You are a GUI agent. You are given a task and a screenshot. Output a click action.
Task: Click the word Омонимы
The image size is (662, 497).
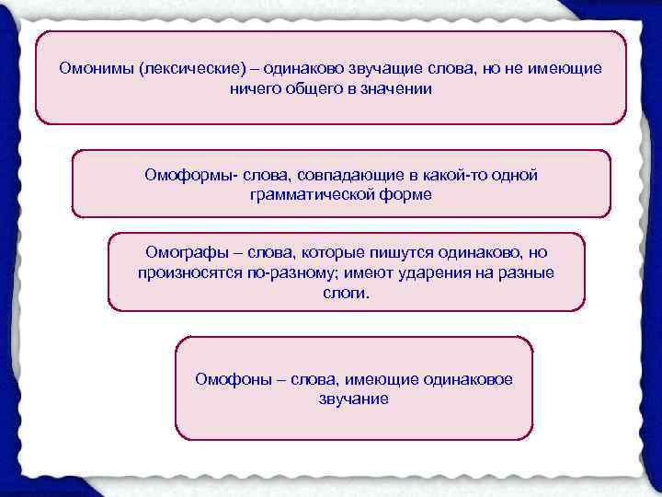[x=94, y=68]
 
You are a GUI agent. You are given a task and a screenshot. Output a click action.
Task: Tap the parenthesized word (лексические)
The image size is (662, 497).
[x=191, y=68]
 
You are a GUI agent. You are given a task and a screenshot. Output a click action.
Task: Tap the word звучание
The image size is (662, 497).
[x=353, y=399]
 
